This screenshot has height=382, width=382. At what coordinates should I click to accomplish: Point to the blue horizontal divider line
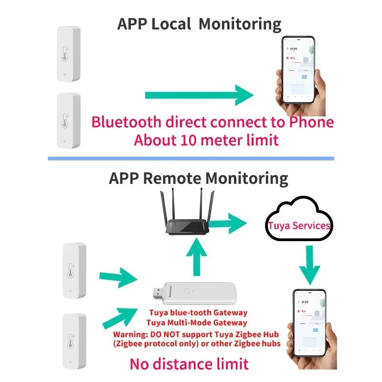coord(191,158)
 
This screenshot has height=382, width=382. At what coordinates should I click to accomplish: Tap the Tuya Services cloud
coord(298,225)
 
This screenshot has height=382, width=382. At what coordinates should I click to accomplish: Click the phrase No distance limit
coord(189,364)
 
